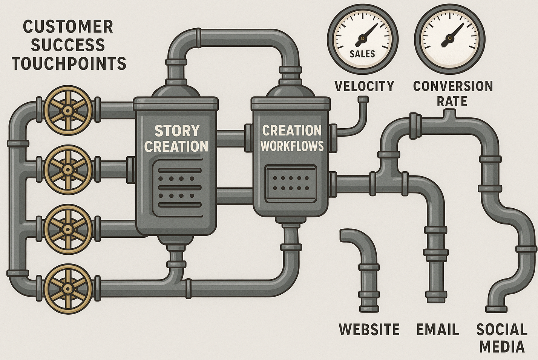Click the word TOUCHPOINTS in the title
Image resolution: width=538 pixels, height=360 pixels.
tap(69, 63)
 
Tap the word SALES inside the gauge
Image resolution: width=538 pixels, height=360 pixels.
tap(362, 54)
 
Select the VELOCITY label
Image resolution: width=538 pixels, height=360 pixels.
tap(364, 86)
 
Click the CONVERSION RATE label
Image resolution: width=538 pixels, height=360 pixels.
tap(453, 93)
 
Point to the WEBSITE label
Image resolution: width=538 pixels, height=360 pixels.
tap(369, 329)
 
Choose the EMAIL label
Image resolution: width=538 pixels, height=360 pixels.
tap(438, 329)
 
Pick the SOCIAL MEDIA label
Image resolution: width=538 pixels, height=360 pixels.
tap(502, 338)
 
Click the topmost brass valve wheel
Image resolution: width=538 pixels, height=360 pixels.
tap(68, 110)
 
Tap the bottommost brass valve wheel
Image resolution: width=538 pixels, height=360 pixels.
tap(68, 289)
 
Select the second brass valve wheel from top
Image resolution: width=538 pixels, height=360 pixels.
tap(68, 170)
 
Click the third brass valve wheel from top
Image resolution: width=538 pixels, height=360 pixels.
tap(68, 229)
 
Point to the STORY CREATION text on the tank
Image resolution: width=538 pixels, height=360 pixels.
tap(176, 138)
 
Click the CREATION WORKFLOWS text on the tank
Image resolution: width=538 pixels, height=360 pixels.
tap(292, 138)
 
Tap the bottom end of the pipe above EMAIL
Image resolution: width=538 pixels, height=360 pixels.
tap(436, 300)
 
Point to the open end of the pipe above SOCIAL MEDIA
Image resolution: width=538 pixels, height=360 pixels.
tap(496, 309)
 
